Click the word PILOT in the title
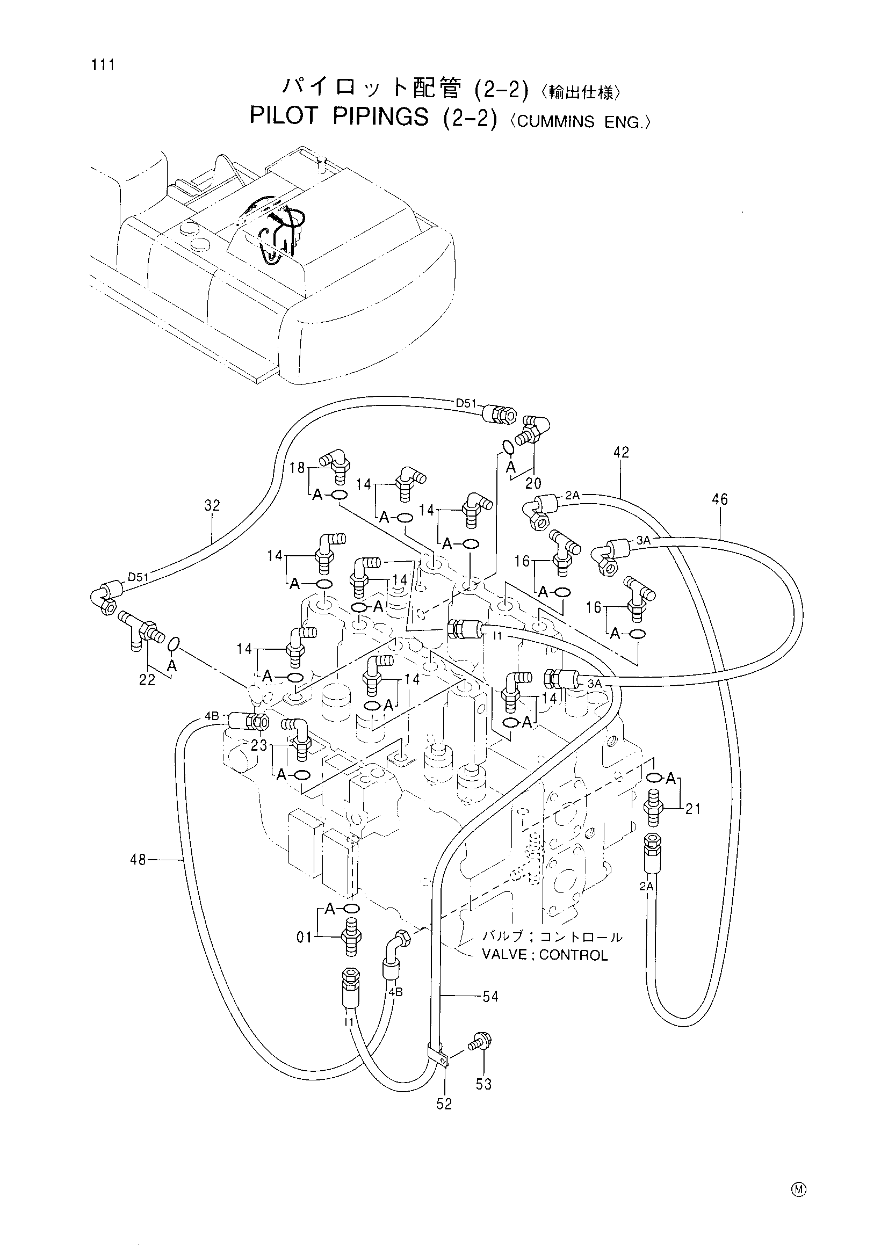coord(284,117)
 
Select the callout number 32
coord(212,505)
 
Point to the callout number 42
coord(622,452)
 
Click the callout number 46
coord(720,499)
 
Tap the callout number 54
coord(490,997)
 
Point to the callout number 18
coord(298,469)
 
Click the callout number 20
coord(533,483)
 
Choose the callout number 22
coord(147,680)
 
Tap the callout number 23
coord(259,745)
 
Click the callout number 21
coord(692,809)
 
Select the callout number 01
coord(304,938)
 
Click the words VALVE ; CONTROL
coord(545,955)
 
